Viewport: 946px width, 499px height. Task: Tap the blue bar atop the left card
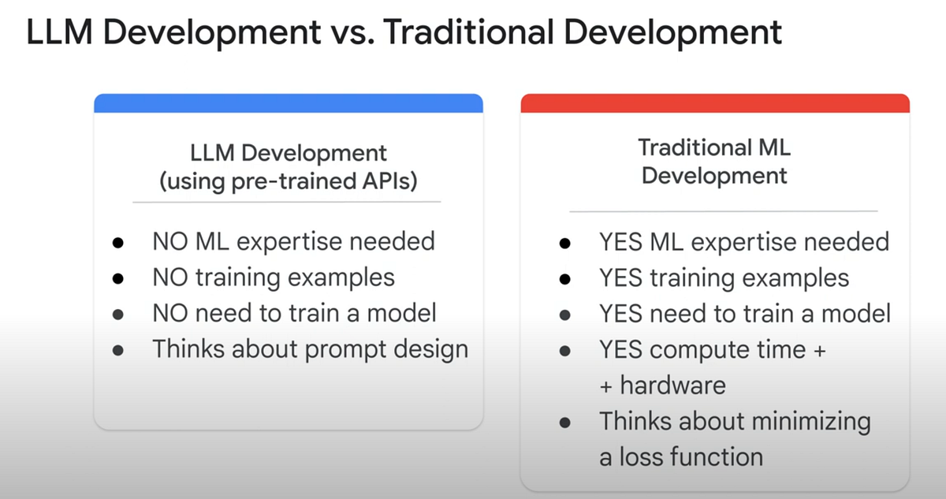click(288, 102)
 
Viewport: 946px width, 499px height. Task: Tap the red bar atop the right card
click(715, 102)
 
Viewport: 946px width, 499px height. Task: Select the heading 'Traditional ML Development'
click(714, 161)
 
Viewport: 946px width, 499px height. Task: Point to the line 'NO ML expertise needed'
click(293, 240)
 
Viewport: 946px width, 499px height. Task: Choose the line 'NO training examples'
click(274, 277)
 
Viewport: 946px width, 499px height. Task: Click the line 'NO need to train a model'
click(294, 313)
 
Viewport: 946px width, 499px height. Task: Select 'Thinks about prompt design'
click(311, 348)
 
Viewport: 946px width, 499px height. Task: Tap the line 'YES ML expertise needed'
click(743, 240)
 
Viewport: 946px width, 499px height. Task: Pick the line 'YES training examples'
click(724, 277)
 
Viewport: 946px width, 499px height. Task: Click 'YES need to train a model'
click(744, 313)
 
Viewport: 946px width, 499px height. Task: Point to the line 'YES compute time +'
click(712, 349)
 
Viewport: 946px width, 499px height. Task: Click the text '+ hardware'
click(662, 385)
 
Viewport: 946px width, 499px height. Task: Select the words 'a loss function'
click(680, 456)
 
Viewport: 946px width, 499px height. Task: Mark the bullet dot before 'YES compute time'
click(564, 351)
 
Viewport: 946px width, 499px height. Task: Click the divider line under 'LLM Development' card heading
click(286, 202)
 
